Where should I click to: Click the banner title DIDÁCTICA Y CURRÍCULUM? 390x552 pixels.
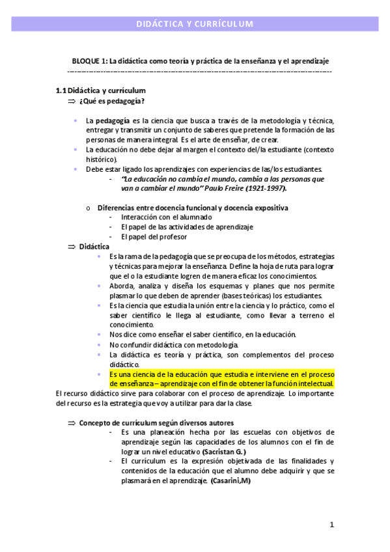194,24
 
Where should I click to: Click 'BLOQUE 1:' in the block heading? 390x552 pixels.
89,61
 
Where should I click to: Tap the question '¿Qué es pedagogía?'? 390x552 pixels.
112,101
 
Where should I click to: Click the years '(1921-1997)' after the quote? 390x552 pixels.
266,188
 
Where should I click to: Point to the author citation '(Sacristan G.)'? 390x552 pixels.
224,452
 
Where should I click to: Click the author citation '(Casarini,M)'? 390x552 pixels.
230,480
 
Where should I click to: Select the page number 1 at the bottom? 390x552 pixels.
331,525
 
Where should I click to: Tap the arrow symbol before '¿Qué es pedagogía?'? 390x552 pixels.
72,102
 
